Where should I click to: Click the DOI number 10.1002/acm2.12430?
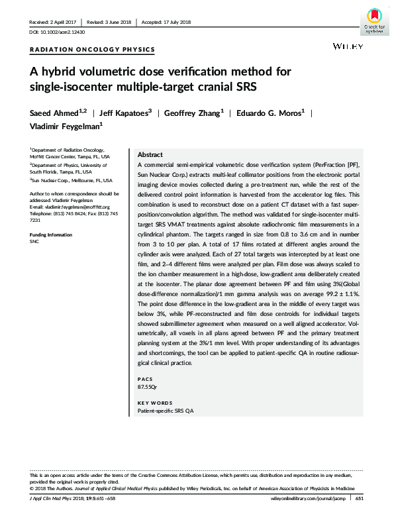click(58, 32)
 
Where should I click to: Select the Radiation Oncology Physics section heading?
click(93, 49)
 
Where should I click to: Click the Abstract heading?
click(150, 153)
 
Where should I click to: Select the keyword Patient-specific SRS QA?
click(165, 411)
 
